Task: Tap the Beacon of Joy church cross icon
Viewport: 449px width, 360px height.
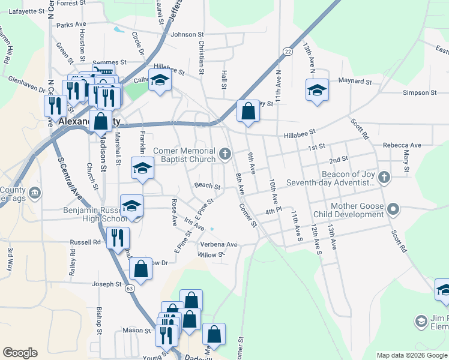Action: pyautogui.click(x=384, y=178)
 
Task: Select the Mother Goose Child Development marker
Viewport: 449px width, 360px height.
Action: pyautogui.click(x=393, y=209)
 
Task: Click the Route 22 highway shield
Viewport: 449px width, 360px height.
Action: pyautogui.click(x=289, y=52)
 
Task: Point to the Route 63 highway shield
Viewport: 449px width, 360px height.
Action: pyautogui.click(x=130, y=289)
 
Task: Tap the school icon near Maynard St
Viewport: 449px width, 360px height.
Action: pyautogui.click(x=317, y=90)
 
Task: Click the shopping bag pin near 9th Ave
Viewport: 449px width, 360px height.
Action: pyautogui.click(x=247, y=111)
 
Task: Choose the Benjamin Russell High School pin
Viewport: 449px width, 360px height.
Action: pyautogui.click(x=131, y=206)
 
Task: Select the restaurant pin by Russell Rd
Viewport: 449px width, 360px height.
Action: pyautogui.click(x=118, y=236)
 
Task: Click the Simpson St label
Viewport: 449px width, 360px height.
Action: pyautogui.click(x=420, y=92)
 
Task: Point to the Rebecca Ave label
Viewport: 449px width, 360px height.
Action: pyautogui.click(x=402, y=145)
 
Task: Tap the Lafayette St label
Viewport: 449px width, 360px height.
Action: pyautogui.click(x=26, y=11)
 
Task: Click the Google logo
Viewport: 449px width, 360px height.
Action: pyautogui.click(x=19, y=352)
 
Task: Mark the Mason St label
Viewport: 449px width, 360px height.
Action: pyautogui.click(x=136, y=330)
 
